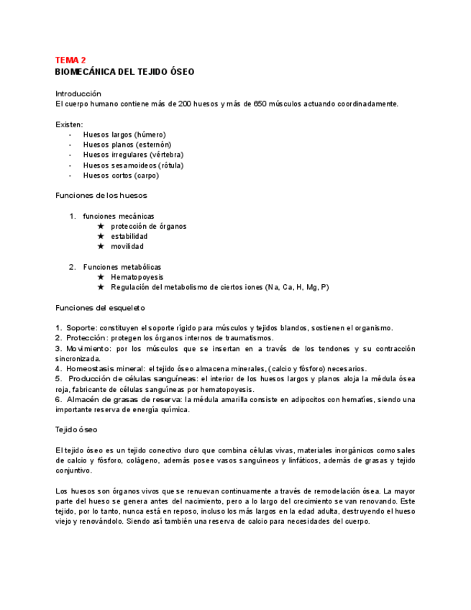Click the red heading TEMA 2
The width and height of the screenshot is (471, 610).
point(70,60)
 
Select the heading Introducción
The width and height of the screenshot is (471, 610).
point(78,94)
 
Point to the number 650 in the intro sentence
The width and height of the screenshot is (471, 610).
point(262,104)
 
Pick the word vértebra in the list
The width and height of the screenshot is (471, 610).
point(166,155)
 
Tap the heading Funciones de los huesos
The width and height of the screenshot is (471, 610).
point(101,195)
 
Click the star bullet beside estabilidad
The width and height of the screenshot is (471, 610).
point(101,236)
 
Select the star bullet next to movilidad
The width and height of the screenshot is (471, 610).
point(101,246)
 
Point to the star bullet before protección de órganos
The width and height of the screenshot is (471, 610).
point(101,226)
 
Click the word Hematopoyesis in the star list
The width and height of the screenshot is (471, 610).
point(137,277)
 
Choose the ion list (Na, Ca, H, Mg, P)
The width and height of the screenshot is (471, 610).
point(297,287)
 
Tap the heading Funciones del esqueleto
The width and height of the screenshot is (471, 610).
point(100,308)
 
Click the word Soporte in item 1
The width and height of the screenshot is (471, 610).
point(79,328)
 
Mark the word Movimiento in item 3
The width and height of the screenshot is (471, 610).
point(88,349)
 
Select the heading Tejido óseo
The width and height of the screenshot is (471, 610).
point(76,429)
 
